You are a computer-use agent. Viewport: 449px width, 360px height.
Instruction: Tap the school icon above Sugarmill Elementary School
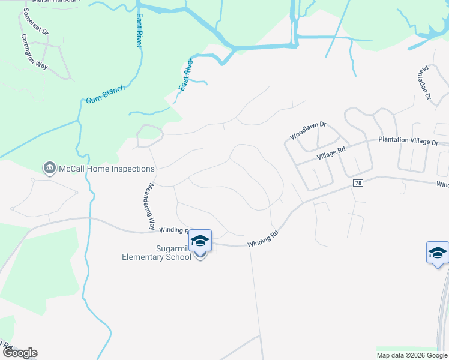coord(200,242)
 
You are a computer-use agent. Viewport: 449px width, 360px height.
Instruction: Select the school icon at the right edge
coord(438,253)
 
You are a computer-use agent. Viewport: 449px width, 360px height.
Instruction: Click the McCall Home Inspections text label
coord(106,169)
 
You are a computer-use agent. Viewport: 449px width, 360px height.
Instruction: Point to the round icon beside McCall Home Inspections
coord(50,169)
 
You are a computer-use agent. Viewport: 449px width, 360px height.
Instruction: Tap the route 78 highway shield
coord(357,183)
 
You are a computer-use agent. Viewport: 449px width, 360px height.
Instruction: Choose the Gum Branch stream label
coord(105,95)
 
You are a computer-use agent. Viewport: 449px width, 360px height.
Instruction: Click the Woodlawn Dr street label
coord(307,131)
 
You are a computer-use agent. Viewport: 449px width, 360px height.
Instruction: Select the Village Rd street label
coord(332,154)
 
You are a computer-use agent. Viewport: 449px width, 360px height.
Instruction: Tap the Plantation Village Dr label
coord(408,141)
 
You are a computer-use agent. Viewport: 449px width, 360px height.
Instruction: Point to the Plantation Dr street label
coord(425,83)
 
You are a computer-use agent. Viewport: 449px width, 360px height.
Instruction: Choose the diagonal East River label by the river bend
coord(185,75)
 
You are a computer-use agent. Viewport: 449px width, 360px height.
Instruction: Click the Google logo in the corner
coord(19,353)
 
